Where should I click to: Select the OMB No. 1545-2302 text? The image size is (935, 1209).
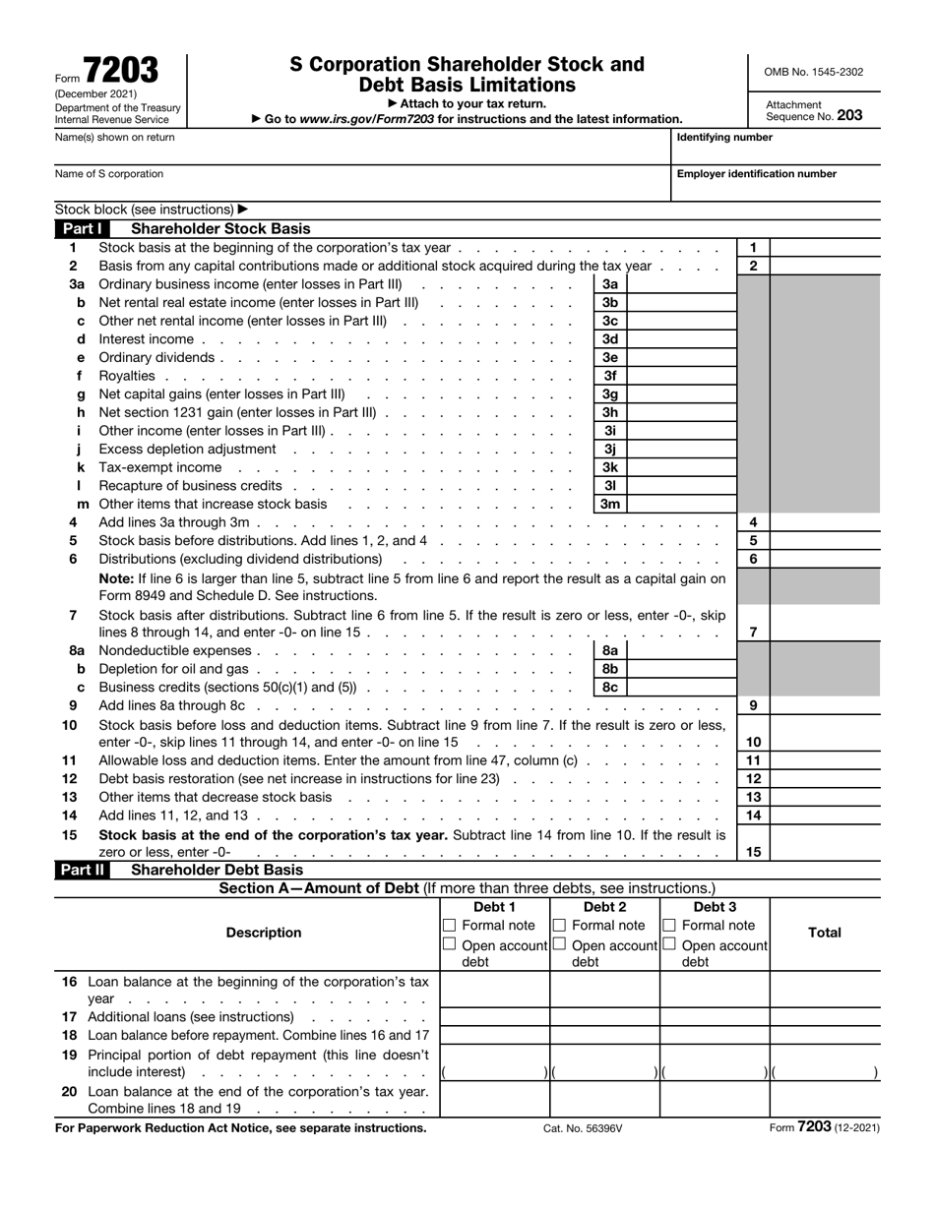click(x=813, y=72)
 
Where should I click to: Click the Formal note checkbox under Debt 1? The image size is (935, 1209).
click(x=450, y=926)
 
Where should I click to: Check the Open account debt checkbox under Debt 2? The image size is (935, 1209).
click(x=559, y=944)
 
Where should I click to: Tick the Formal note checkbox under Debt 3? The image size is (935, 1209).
click(x=669, y=926)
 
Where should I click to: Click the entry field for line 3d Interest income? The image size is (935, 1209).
click(x=681, y=339)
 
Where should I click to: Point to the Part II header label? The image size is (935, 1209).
click(x=81, y=871)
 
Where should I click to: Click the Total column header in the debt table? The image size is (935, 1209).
click(x=824, y=933)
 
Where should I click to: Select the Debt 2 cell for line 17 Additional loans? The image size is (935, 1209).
click(x=604, y=1017)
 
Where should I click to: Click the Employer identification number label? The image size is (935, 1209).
click(x=756, y=174)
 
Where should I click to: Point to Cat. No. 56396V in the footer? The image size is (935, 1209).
click(x=583, y=1129)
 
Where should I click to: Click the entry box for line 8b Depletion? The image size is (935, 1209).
click(x=681, y=669)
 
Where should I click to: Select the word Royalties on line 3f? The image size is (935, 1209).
click(x=127, y=376)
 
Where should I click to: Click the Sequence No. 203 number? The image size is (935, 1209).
click(x=849, y=115)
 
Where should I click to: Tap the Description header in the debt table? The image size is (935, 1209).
click(x=264, y=933)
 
